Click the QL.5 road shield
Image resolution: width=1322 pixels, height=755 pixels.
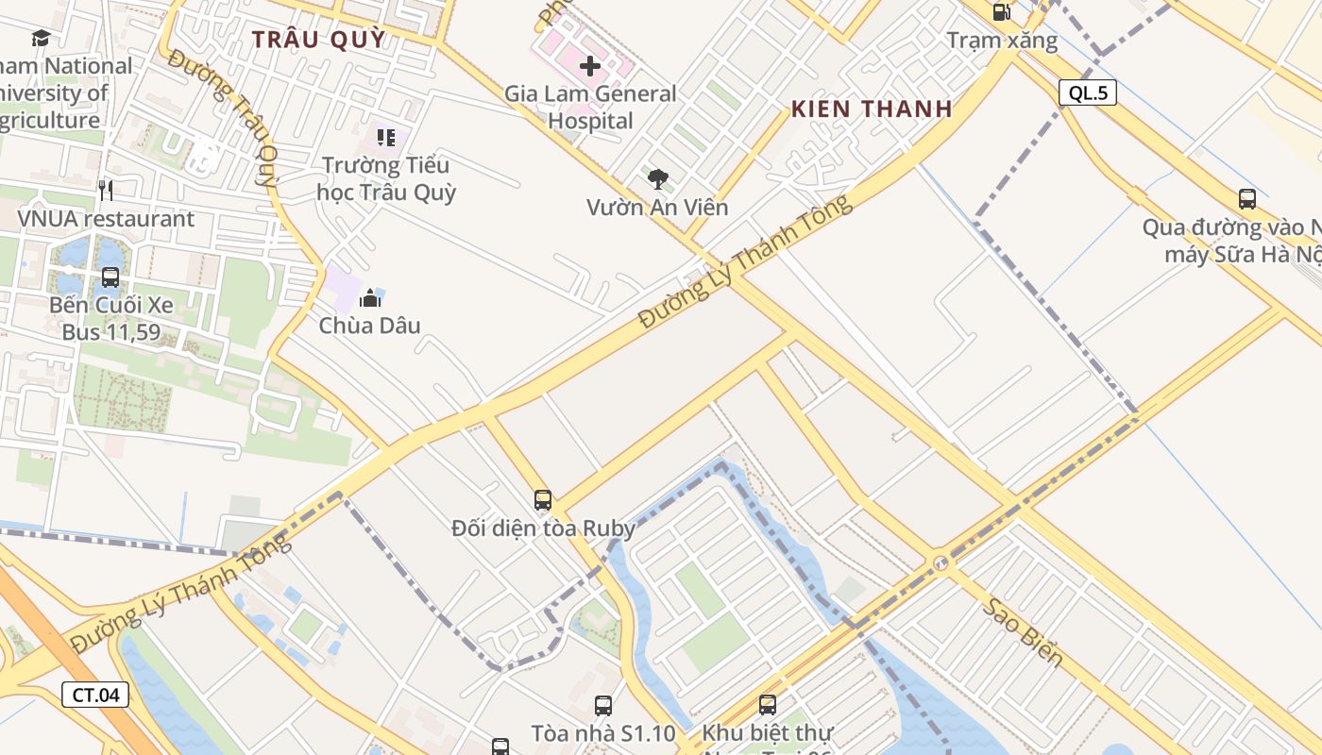1087,92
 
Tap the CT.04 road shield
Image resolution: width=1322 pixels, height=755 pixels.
95,696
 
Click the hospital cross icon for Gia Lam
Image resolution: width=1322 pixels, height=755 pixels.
590,66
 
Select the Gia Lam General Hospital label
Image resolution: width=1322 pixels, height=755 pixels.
590,108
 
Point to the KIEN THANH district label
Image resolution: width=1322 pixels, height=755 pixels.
872,109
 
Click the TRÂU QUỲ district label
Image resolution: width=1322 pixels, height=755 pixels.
319,39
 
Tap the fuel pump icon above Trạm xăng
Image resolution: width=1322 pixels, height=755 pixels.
1001,12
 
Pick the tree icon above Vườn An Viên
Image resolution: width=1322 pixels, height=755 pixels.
657,178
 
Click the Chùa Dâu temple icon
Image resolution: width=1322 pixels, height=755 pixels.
370,298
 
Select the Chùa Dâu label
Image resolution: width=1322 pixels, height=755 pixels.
369,326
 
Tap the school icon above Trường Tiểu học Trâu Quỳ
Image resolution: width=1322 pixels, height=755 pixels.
386,138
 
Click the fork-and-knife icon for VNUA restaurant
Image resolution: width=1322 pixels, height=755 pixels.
106,191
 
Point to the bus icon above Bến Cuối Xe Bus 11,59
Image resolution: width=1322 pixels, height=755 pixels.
110,277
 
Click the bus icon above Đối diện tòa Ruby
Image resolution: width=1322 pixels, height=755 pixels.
542,500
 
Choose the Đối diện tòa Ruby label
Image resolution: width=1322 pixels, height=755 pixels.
543,528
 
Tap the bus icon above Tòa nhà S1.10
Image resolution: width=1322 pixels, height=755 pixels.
603,705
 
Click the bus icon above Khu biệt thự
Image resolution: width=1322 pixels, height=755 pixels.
768,705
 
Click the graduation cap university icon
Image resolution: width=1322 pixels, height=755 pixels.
41,38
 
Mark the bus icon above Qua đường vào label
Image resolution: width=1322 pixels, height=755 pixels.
1247,199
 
